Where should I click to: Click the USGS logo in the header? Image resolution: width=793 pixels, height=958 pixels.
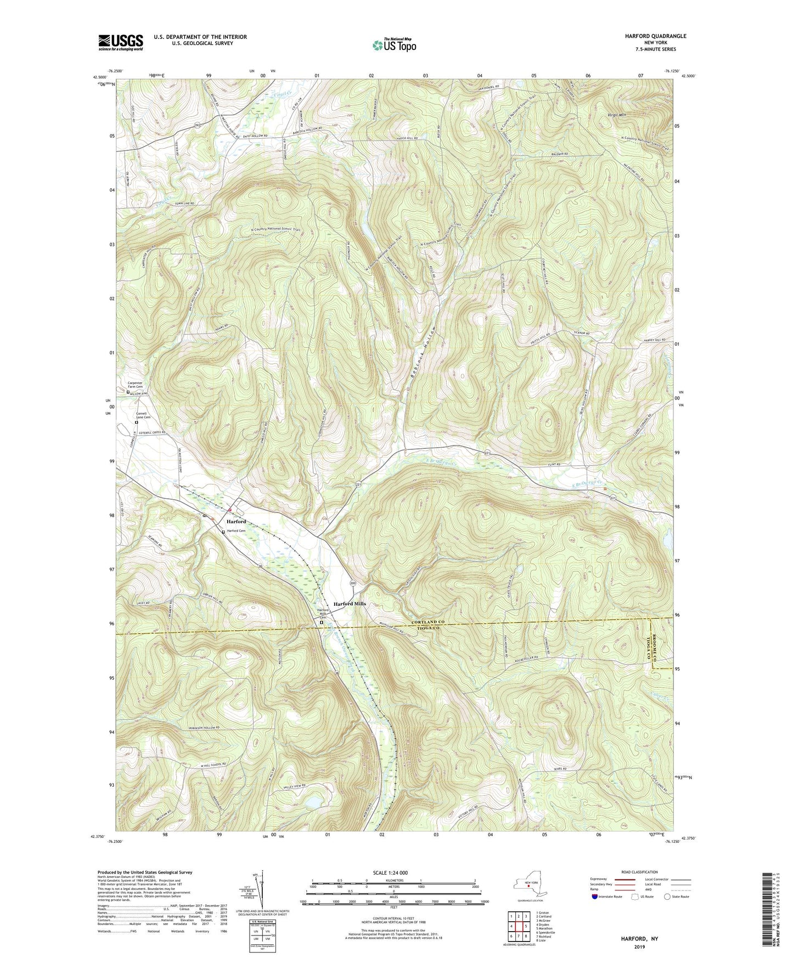pyautogui.click(x=121, y=42)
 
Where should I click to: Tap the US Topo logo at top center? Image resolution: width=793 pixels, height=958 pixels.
pyautogui.click(x=393, y=45)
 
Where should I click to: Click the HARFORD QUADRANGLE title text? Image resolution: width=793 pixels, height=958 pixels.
pyautogui.click(x=655, y=36)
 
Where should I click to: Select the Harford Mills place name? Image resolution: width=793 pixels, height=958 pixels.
pyautogui.click(x=350, y=604)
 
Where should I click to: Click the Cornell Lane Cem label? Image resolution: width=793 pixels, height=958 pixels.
pyautogui.click(x=143, y=415)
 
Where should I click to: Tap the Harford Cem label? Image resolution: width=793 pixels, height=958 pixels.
pyautogui.click(x=236, y=531)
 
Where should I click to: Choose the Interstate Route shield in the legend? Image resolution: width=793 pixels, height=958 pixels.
pyautogui.click(x=595, y=897)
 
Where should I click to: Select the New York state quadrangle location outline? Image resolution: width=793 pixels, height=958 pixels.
pyautogui.click(x=528, y=884)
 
